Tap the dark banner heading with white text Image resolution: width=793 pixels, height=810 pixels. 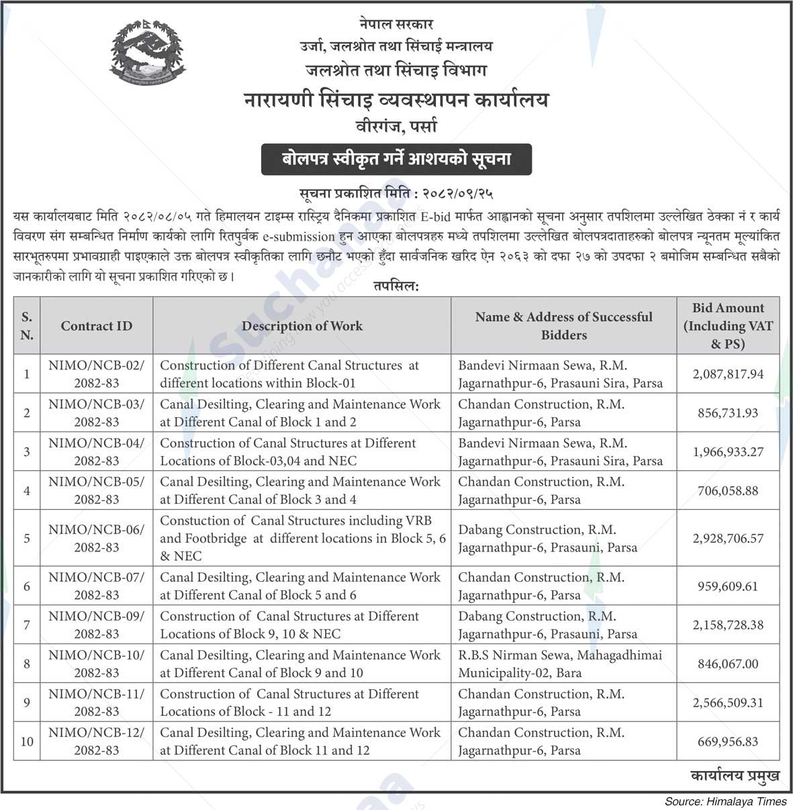pyautogui.click(x=396, y=160)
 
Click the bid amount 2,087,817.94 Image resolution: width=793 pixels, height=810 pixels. pyautogui.click(x=728, y=374)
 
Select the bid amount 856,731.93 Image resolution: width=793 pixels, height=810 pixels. pyautogui.click(x=728, y=413)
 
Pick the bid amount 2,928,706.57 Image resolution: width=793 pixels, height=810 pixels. pyautogui.click(x=728, y=539)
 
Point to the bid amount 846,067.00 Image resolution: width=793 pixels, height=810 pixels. pyautogui.click(x=728, y=664)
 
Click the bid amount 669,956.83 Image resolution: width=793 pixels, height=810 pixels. pyautogui.click(x=728, y=741)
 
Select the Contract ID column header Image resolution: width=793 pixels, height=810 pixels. pyautogui.click(x=97, y=326)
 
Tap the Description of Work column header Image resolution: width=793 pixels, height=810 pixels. pyautogui.click(x=302, y=326)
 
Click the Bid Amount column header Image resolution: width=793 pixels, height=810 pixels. pyautogui.click(x=728, y=326)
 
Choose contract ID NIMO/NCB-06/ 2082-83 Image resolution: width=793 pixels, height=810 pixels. pyautogui.click(x=97, y=538)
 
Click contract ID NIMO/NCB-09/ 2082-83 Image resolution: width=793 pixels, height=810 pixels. pyautogui.click(x=97, y=625)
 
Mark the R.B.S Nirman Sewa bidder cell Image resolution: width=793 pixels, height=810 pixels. pyautogui.click(x=560, y=664)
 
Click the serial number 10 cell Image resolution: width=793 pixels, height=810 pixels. pyautogui.click(x=27, y=741)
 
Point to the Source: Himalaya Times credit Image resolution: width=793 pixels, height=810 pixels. pyautogui.click(x=726, y=801)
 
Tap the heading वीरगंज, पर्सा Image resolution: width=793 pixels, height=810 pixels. pyautogui.click(x=396, y=126)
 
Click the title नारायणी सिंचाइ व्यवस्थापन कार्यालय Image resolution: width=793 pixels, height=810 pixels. pyautogui.click(x=396, y=100)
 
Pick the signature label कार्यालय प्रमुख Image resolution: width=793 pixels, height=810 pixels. pyautogui.click(x=735, y=776)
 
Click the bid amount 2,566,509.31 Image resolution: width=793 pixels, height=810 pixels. pyautogui.click(x=728, y=703)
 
